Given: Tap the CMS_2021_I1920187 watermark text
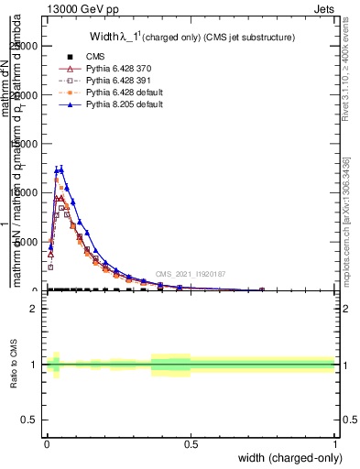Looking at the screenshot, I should coord(190,274).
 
